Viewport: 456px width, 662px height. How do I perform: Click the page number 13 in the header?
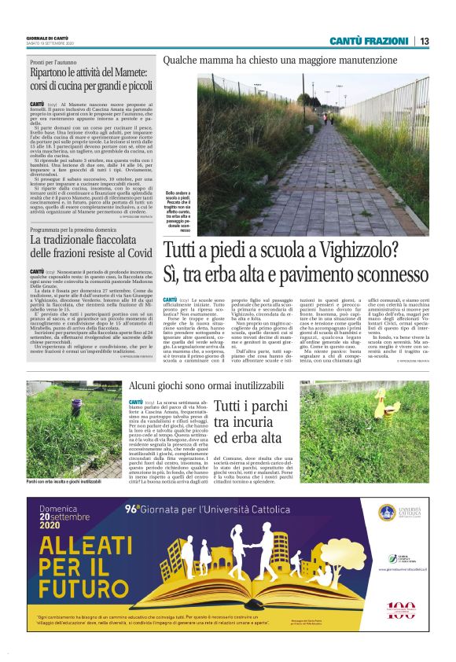424,41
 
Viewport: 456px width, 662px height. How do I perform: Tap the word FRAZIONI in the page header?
384,41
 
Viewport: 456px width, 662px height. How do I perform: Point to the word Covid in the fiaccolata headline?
134,253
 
